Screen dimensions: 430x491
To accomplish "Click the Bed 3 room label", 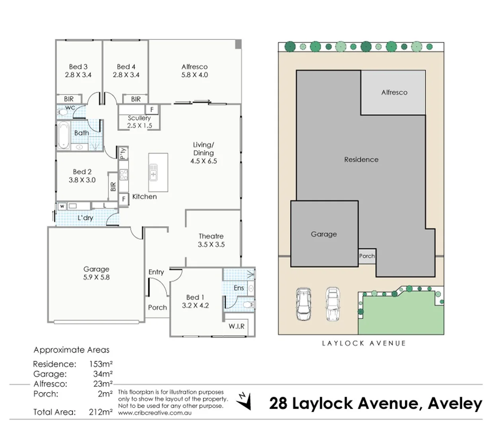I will point(78,67).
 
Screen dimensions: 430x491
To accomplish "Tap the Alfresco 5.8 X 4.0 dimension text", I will point(195,75).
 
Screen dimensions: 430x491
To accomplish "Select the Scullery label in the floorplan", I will point(139,118).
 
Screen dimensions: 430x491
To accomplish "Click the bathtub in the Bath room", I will point(63,135).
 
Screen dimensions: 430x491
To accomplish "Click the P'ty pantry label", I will point(123,153).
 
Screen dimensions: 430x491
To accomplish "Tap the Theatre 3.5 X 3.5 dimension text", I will point(211,244).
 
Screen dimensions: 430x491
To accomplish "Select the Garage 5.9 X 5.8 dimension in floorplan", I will point(96,278).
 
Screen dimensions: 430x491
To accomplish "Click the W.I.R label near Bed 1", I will point(236,326).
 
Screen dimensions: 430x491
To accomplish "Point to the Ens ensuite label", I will point(239,288).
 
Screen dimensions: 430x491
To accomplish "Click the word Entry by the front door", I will point(156,272).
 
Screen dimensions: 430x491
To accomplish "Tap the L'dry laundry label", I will point(85,218).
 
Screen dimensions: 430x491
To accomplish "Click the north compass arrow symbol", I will point(244,401).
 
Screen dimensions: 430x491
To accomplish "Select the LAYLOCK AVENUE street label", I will point(364,343).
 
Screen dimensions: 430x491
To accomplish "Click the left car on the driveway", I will point(304,304).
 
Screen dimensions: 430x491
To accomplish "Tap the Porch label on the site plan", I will point(366,256).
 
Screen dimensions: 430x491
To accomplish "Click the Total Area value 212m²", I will point(100,412).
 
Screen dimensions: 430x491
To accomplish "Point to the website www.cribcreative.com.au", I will point(155,413).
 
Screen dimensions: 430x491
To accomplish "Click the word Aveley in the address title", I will point(455,403).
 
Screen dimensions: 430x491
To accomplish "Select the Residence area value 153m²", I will point(100,364).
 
